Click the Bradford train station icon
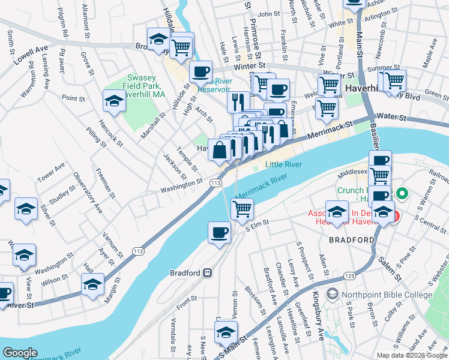207,273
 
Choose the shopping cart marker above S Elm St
243,209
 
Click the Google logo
20,353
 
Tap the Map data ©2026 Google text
412,355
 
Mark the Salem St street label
390,268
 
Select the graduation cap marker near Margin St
93,284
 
